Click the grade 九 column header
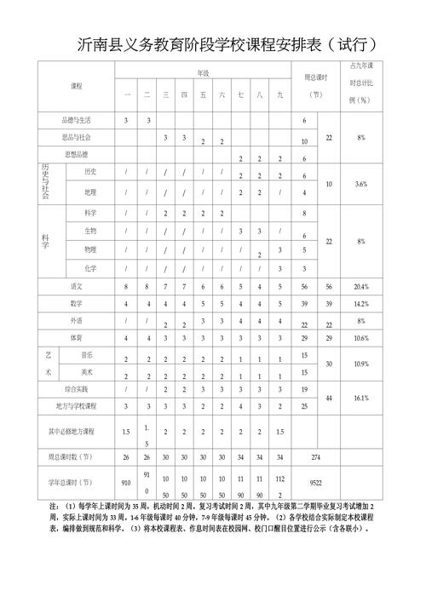click(x=279, y=95)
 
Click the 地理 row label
click(x=90, y=192)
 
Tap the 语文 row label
click(x=76, y=286)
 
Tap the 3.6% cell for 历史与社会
click(x=361, y=183)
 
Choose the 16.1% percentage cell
click(x=361, y=398)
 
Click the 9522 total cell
click(x=315, y=481)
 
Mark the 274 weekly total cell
click(x=315, y=457)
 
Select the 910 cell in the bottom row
click(x=126, y=481)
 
